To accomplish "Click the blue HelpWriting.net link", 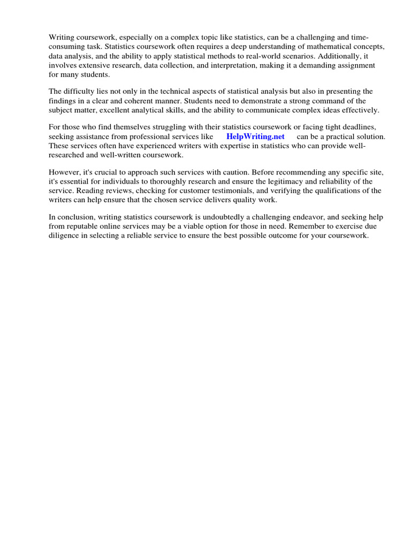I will click(x=255, y=137).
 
